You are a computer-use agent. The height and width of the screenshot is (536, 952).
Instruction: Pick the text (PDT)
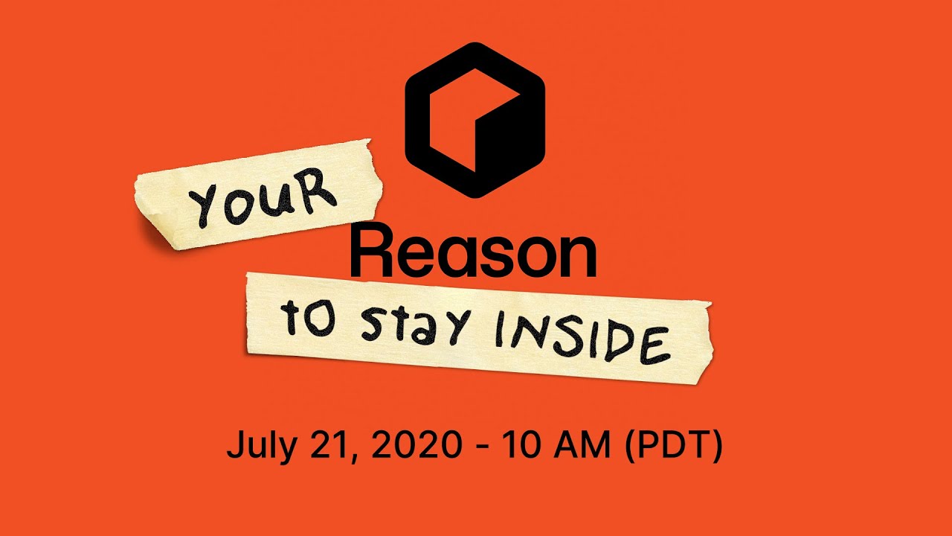(673, 446)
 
